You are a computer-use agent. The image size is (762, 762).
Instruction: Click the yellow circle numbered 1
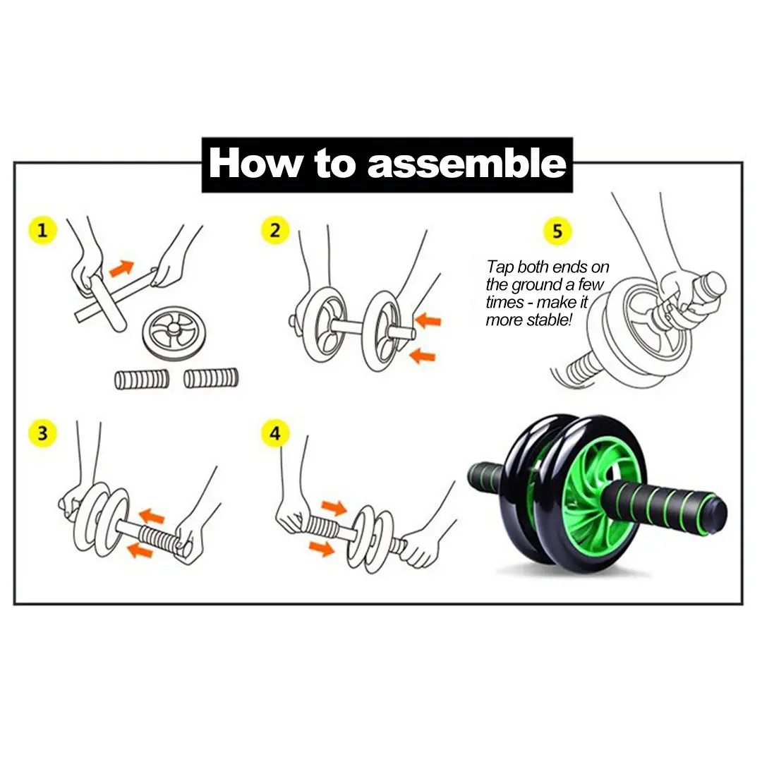tap(42, 231)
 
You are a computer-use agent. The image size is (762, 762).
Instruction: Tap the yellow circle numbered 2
tap(274, 231)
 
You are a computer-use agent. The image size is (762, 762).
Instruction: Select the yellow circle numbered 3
tap(42, 433)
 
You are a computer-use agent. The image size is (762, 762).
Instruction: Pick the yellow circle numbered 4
tap(274, 433)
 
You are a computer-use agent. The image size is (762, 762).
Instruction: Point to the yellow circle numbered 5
tap(557, 231)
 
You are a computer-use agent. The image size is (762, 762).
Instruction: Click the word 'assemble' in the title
tap(467, 164)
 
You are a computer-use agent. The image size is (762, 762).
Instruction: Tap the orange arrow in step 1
tap(121, 268)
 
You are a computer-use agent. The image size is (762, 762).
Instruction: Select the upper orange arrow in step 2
tap(428, 321)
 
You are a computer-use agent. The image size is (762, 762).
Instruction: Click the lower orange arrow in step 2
tap(423, 355)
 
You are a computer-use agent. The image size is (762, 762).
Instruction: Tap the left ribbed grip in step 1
tap(142, 379)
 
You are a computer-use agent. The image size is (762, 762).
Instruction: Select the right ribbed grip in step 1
tap(212, 378)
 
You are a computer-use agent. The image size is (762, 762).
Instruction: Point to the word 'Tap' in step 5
tap(500, 267)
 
